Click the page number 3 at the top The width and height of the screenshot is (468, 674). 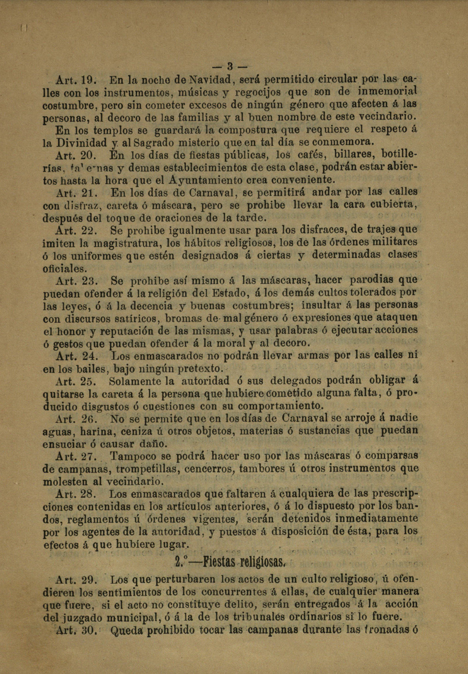tap(230, 67)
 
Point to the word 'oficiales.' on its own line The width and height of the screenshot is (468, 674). tap(65, 269)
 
